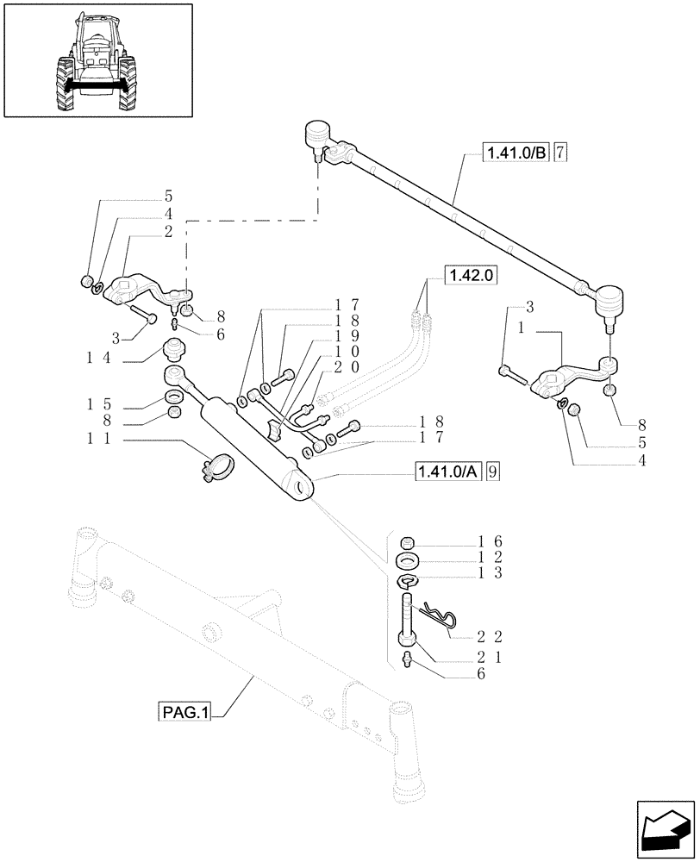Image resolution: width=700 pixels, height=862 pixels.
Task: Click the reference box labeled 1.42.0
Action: tap(472, 276)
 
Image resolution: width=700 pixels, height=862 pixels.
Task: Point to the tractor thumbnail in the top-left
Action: tap(97, 59)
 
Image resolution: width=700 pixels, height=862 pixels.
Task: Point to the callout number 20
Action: tap(330, 366)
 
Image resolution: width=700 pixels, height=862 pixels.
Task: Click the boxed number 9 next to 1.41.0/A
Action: tap(491, 472)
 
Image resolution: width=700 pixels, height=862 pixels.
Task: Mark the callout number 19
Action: tap(330, 335)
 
